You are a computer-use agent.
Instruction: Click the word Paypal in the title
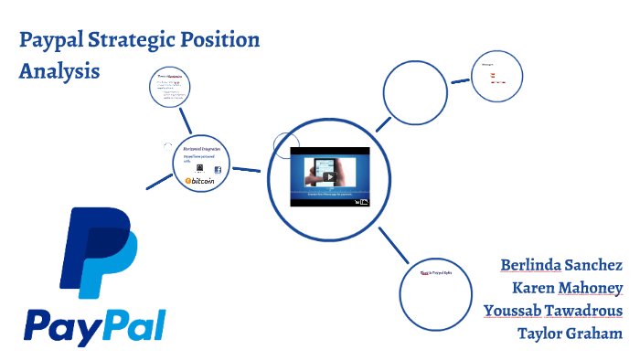click(x=52, y=40)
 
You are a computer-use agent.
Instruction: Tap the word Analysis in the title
click(x=59, y=70)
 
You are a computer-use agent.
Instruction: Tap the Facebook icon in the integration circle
click(x=218, y=169)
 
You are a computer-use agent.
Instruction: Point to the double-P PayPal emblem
click(x=99, y=252)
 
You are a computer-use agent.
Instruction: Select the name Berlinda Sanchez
click(x=560, y=265)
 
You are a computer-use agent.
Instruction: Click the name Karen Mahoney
click(x=568, y=288)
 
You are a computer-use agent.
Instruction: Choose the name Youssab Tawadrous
click(x=553, y=311)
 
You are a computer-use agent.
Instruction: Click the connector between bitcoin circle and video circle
click(x=247, y=169)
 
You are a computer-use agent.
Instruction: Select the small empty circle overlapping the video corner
click(x=286, y=142)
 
